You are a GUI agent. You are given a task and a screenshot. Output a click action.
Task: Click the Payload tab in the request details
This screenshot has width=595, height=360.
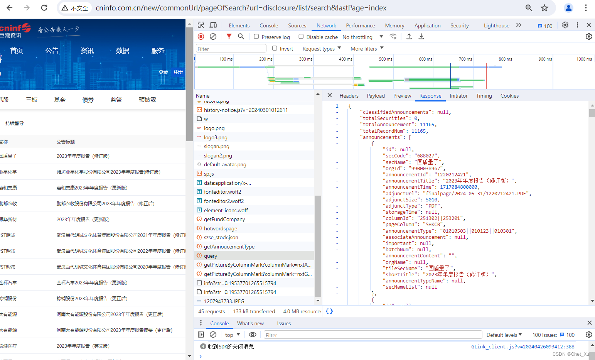pos(376,96)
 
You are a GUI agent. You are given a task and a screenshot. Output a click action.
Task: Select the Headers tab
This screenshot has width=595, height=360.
pos(349,96)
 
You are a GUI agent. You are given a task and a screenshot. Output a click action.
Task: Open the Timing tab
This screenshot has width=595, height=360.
pos(484,96)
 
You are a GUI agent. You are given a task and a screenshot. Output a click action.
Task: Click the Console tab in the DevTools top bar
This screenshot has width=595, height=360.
pos(268,25)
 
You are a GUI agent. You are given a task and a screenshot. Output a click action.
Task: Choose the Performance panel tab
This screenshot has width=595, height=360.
pos(360,25)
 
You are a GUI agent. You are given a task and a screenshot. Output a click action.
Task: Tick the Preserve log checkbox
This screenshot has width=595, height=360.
pos(256,37)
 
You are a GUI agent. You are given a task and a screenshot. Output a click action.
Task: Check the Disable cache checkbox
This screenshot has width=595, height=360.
pos(301,37)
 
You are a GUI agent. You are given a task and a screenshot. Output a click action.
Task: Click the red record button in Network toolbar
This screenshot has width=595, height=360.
pos(201,36)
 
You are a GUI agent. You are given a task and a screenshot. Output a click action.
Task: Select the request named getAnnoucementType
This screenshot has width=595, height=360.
pos(229,247)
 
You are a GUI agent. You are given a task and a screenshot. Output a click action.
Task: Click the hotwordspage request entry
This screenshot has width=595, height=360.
pos(220,228)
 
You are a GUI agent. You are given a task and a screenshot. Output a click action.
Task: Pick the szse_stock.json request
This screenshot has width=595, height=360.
pos(221,237)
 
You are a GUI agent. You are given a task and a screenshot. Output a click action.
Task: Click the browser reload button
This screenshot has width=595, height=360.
pos(44,8)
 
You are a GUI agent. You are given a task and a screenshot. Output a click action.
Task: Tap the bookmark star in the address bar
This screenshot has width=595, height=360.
pos(544,8)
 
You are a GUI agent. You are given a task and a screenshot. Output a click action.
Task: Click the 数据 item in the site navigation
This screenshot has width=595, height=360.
pos(122,51)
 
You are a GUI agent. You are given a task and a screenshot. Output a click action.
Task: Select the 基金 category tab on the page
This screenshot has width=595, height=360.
pos(60,100)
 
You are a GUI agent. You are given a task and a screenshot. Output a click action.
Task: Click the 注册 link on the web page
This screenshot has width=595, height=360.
pos(178,72)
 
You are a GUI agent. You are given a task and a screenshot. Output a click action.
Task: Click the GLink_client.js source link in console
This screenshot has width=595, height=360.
pos(523,346)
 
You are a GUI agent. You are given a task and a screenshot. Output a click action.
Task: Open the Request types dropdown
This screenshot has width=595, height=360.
pos(322,49)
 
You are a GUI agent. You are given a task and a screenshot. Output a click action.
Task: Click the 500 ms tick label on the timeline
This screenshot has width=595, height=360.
pos(385,59)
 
